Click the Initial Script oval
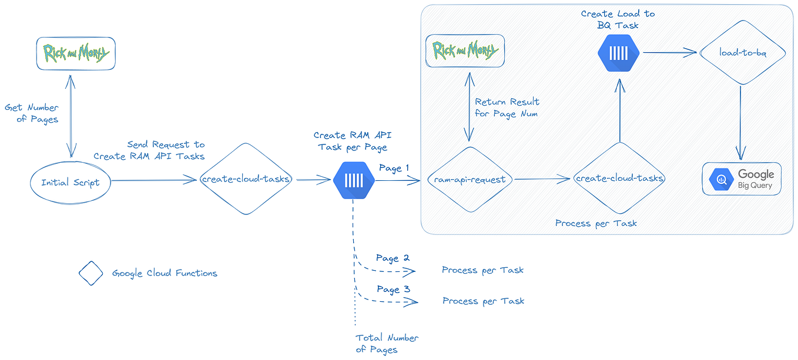(x=70, y=182)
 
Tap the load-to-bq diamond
(x=742, y=53)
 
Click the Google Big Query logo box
(x=742, y=179)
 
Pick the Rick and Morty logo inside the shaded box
(x=465, y=51)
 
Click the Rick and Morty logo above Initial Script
(x=76, y=54)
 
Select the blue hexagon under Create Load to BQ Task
(x=618, y=53)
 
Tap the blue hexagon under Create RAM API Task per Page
(x=354, y=180)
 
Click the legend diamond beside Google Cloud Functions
(x=91, y=273)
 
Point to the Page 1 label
(x=394, y=169)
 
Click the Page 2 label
(x=393, y=258)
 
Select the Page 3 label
(x=393, y=290)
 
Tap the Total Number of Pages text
(x=387, y=344)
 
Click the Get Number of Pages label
(x=32, y=113)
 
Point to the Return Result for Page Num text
(x=507, y=107)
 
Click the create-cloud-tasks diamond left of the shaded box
(x=246, y=179)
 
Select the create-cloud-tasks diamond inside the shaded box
(x=619, y=179)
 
